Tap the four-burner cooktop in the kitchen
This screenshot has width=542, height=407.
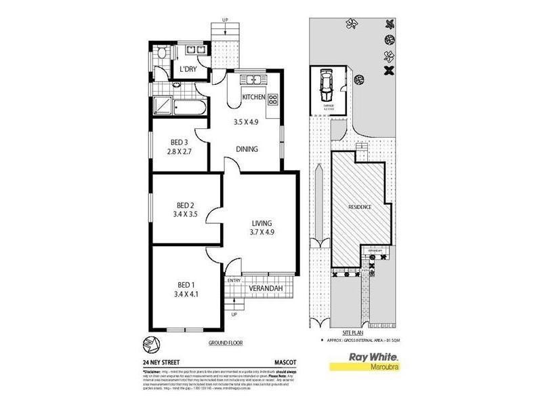click(x=274, y=100)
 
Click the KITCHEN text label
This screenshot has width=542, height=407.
click(x=254, y=98)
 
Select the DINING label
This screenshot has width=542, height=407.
click(x=247, y=149)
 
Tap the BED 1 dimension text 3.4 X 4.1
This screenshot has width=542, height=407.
click(x=186, y=295)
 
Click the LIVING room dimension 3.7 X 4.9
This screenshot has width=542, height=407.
click(x=262, y=233)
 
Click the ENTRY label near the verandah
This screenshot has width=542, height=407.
click(x=234, y=280)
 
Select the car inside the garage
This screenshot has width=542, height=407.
click(x=326, y=86)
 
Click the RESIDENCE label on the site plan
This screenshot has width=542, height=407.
click(x=360, y=207)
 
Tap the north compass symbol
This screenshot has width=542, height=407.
click(x=153, y=344)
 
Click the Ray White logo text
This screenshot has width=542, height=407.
click(x=372, y=356)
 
